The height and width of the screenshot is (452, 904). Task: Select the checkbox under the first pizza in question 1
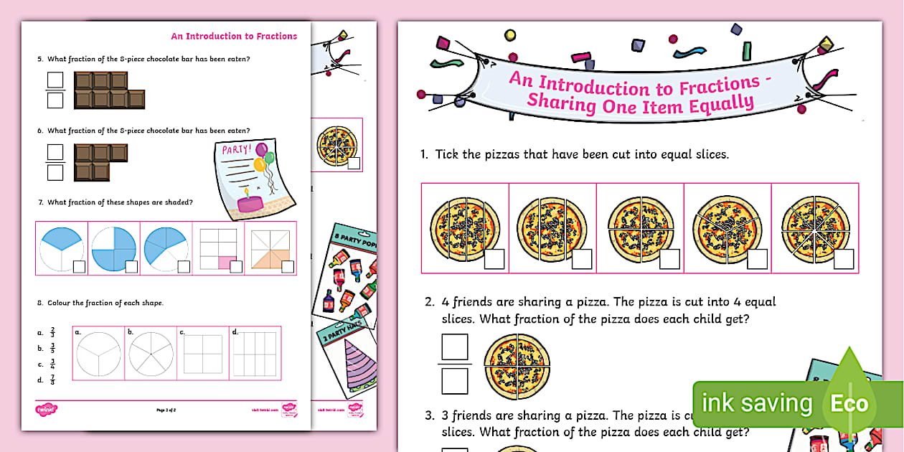494,258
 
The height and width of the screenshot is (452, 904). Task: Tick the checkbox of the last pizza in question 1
844,258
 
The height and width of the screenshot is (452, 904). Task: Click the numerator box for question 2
454,347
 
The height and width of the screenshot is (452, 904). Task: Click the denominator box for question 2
454,381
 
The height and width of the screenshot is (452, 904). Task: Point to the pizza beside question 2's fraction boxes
517,366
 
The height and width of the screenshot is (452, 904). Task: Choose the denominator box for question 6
55,172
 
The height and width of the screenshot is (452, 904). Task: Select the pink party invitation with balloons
255,177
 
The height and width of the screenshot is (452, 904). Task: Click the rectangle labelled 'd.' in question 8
254,354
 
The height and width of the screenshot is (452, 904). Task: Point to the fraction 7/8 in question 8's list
52,380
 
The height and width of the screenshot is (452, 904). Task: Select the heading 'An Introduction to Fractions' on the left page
234,36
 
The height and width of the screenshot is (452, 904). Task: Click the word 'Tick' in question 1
448,154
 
